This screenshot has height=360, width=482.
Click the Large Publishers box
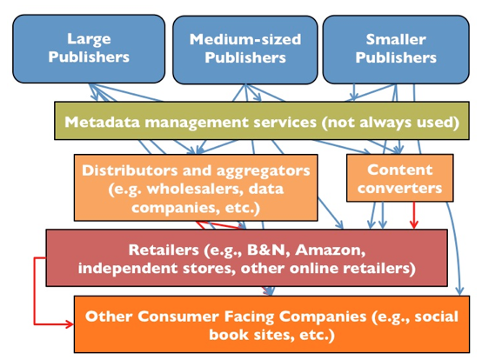89,49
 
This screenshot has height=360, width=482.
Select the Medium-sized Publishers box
245,50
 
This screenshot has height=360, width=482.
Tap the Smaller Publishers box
396,50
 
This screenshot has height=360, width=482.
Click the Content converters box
400,178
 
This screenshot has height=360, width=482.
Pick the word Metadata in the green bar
103,122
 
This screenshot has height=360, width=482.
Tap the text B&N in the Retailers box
266,250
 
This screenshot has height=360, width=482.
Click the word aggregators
264,171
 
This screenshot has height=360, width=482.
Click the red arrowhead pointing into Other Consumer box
69,323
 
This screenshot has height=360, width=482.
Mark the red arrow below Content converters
414,216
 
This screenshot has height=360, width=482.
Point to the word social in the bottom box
437,317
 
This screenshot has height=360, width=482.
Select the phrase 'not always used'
390,123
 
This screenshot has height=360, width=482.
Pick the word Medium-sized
245,40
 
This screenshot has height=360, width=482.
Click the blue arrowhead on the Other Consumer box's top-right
459,290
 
